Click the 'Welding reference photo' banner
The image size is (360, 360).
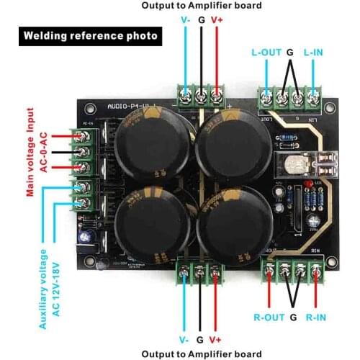[x=89, y=35]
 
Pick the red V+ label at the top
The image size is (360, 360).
[x=217, y=20]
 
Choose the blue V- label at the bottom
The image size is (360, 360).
[x=184, y=339]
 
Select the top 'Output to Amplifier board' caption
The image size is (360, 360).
[x=201, y=6]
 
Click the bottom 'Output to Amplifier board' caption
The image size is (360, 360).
[x=200, y=354]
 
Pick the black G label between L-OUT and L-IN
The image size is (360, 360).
[x=290, y=53]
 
